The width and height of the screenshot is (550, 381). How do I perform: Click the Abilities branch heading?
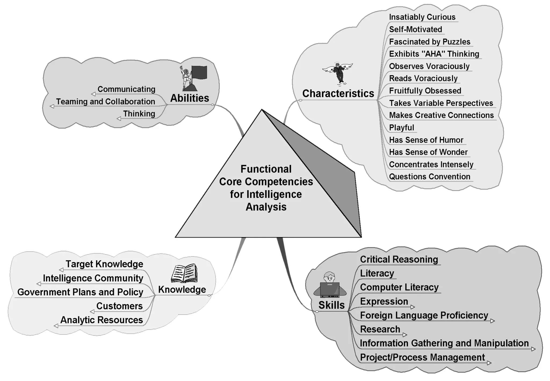pyautogui.click(x=190, y=98)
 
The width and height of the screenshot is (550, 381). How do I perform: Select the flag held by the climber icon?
pyautogui.click(x=200, y=72)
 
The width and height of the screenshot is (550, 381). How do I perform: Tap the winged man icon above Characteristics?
pyautogui.click(x=338, y=73)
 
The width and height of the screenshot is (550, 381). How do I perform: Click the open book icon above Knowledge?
pyautogui.click(x=184, y=273)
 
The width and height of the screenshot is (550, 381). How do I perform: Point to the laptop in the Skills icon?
pyautogui.click(x=330, y=290)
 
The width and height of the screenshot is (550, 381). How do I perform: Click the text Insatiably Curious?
pyautogui.click(x=422, y=17)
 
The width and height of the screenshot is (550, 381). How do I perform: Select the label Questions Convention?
pyautogui.click(x=429, y=177)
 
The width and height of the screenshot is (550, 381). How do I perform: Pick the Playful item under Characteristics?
pyautogui.click(x=401, y=127)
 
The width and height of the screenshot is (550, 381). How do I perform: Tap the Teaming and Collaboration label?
pyautogui.click(x=105, y=102)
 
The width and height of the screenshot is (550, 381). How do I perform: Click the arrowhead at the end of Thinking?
pyautogui.click(x=119, y=118)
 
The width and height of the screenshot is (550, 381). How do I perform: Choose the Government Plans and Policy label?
pyautogui.click(x=80, y=292)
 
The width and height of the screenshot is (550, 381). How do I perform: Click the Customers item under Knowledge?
pyautogui.click(x=120, y=306)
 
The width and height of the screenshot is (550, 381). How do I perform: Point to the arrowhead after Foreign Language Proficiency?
pyautogui.click(x=492, y=321)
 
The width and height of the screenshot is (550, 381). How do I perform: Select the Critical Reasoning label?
pyautogui.click(x=399, y=259)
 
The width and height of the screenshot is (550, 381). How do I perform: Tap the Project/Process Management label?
pyautogui.click(x=422, y=357)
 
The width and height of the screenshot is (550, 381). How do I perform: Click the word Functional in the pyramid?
pyautogui.click(x=266, y=169)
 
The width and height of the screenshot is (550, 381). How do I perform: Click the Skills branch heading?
pyautogui.click(x=331, y=305)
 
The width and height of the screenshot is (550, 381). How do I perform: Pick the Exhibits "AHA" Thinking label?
pyautogui.click(x=434, y=54)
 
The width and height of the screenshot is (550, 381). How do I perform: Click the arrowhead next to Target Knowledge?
pyautogui.click(x=61, y=270)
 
